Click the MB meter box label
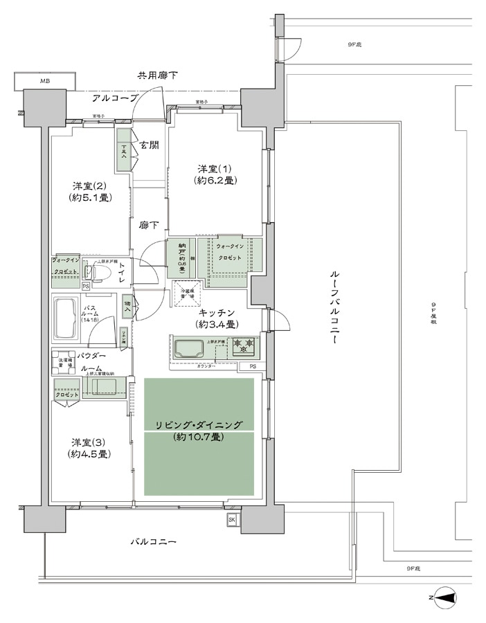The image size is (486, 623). (x=44, y=81)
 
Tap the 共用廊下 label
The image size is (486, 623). (x=157, y=75)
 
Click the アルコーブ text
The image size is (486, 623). (x=115, y=98)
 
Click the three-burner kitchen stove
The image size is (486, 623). (x=242, y=345)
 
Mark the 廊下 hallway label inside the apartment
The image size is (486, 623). (x=148, y=226)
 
